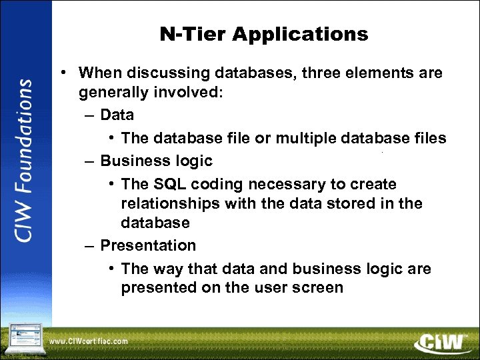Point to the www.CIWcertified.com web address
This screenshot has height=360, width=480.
click(89, 341)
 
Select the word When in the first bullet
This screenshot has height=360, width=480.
click(98, 73)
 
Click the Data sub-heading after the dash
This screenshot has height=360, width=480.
click(117, 115)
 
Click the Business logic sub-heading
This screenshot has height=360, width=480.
click(156, 161)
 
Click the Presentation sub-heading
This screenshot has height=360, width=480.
click(148, 245)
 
